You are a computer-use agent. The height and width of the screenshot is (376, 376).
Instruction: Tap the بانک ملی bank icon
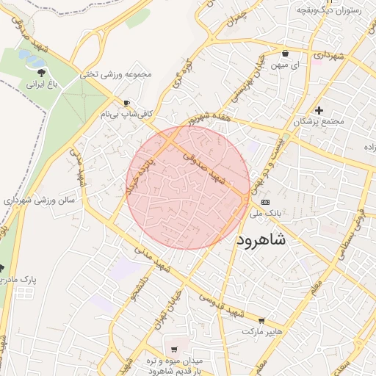[265, 202]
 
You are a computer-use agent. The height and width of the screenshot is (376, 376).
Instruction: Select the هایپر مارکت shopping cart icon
[262, 321]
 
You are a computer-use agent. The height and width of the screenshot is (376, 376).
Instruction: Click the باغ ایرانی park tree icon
[41, 73]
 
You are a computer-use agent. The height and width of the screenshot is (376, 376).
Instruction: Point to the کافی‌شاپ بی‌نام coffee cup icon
[127, 103]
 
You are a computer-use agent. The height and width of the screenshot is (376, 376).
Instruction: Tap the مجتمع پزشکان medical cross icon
[319, 110]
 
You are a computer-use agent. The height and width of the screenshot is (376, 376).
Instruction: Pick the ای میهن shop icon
[285, 54]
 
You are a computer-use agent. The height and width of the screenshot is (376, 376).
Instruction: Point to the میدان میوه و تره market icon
[174, 349]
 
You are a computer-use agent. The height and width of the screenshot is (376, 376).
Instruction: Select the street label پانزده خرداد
[142, 177]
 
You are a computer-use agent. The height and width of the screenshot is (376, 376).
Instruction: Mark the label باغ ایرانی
[42, 84]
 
